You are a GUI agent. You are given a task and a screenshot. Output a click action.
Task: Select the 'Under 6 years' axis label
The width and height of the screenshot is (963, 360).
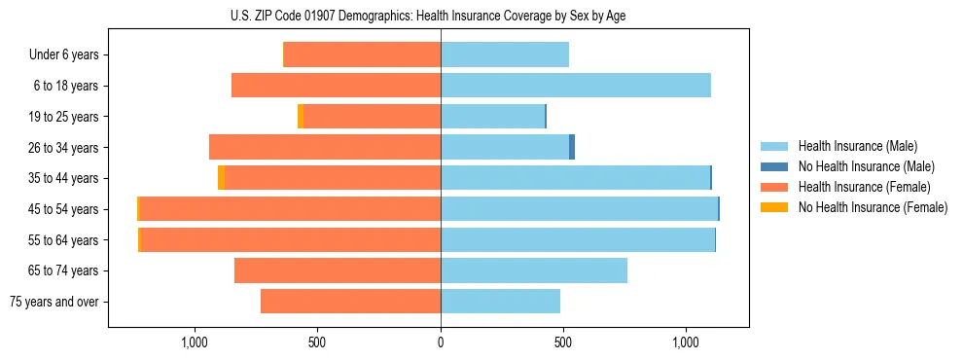click(x=64, y=55)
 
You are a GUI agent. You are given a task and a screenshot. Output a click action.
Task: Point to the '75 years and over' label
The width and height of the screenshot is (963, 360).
click(x=54, y=302)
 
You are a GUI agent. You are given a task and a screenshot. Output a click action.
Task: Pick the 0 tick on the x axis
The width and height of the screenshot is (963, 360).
click(x=441, y=342)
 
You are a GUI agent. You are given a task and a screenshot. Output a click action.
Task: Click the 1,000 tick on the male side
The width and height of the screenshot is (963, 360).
click(x=686, y=342)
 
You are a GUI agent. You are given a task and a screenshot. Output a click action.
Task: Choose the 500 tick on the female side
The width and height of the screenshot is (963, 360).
click(x=317, y=342)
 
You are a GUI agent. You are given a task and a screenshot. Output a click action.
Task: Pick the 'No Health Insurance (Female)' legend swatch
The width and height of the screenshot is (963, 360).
click(x=774, y=207)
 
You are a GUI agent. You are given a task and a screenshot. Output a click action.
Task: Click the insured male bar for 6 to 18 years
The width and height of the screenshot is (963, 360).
click(x=576, y=86)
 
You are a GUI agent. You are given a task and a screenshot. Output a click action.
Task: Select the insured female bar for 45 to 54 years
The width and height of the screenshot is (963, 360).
click(x=290, y=209)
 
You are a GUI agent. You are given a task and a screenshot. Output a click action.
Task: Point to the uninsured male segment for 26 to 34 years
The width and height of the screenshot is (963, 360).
click(x=572, y=147)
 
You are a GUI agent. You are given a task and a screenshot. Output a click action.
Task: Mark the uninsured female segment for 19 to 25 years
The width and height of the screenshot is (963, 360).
click(x=301, y=117)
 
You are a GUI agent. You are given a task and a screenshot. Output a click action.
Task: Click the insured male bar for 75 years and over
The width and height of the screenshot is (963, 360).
click(x=500, y=302)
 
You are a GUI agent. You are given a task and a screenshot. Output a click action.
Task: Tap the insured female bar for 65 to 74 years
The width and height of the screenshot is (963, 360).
click(x=338, y=270)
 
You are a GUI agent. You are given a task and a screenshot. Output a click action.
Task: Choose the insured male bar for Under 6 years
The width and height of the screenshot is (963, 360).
click(x=505, y=55)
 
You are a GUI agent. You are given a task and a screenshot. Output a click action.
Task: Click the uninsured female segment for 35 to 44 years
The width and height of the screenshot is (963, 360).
click(x=221, y=178)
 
